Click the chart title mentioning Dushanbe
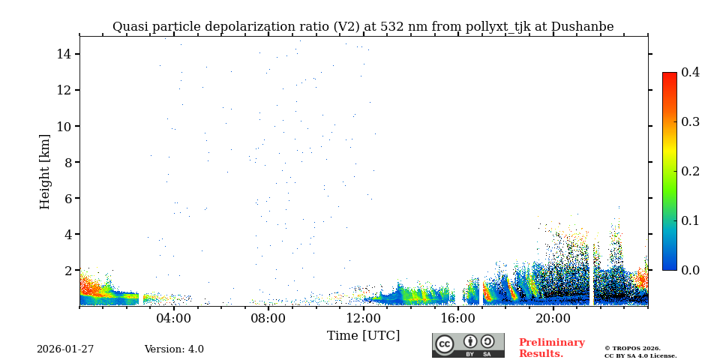pyautogui.click(x=363, y=27)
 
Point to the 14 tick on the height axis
pyautogui.click(x=63, y=54)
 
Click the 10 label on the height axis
pyautogui.click(x=63, y=126)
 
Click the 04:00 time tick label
pyautogui.click(x=174, y=318)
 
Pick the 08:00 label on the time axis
pyautogui.click(x=268, y=318)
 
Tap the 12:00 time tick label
pyautogui.click(x=364, y=318)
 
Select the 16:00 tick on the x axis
pyautogui.click(x=458, y=318)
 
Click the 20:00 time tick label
pyautogui.click(x=553, y=318)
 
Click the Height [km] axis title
pyautogui.click(x=45, y=171)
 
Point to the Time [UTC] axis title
pyautogui.click(x=364, y=335)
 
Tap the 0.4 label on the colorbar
pyautogui.click(x=691, y=72)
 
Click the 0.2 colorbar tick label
pyautogui.click(x=691, y=171)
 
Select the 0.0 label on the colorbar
pyautogui.click(x=691, y=270)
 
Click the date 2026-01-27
pyautogui.click(x=65, y=349)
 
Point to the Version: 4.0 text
pyautogui.click(x=174, y=349)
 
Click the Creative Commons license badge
pyautogui.click(x=468, y=345)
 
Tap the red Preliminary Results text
pyautogui.click(x=551, y=348)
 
